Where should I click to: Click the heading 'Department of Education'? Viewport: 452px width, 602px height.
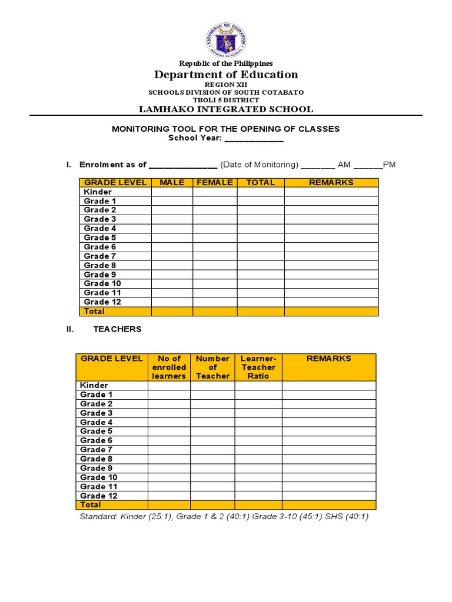click(x=226, y=75)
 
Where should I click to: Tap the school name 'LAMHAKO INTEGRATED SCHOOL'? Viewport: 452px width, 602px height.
click(x=226, y=109)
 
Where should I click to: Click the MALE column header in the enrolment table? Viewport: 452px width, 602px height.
click(x=172, y=183)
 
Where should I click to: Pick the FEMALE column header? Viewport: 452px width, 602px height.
click(x=215, y=183)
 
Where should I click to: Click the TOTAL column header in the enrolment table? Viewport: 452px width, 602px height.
click(x=261, y=183)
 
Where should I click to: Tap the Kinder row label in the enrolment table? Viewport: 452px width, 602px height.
click(x=98, y=192)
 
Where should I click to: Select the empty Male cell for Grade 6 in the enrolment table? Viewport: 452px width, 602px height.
click(x=172, y=247)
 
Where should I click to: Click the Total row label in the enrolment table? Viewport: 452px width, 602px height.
click(x=94, y=311)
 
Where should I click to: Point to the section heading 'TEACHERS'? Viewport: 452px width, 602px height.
click(x=118, y=329)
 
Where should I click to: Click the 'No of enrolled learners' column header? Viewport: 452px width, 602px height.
click(x=169, y=367)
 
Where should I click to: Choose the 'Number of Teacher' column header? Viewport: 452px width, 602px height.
click(x=212, y=367)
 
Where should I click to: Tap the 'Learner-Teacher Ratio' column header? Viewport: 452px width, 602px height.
click(x=258, y=367)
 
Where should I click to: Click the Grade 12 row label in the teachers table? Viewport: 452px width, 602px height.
click(x=99, y=496)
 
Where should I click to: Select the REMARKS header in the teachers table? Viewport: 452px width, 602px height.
click(x=328, y=358)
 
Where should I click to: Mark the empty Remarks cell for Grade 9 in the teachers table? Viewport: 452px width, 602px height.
click(x=328, y=468)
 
